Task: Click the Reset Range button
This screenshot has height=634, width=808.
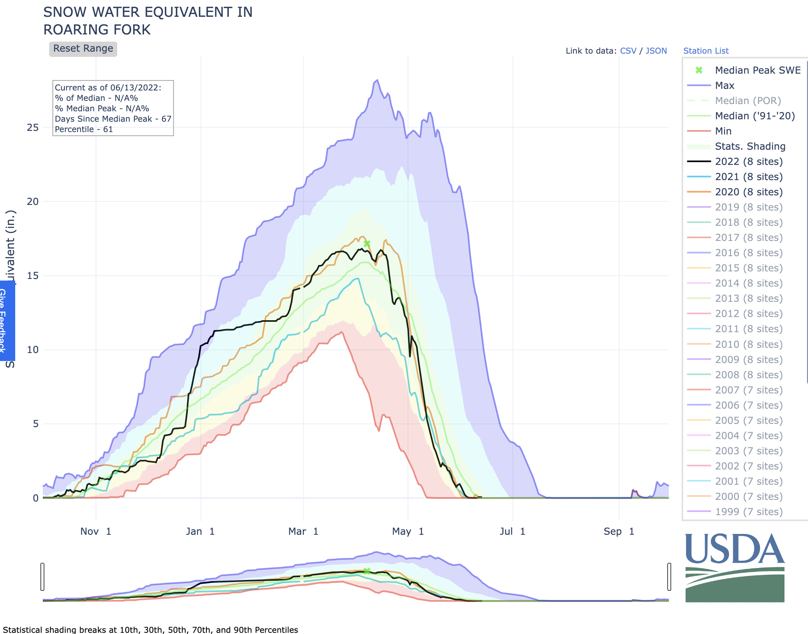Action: tap(83, 49)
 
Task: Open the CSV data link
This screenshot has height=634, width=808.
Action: tap(628, 51)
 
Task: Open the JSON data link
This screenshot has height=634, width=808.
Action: tap(656, 51)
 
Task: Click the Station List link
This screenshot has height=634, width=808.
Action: tap(706, 51)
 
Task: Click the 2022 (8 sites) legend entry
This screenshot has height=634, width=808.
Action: tap(748, 162)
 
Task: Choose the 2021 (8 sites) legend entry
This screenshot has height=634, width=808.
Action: tap(748, 177)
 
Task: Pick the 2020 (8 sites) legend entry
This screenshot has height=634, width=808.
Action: tap(748, 192)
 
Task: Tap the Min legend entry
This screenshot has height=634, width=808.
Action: tap(723, 131)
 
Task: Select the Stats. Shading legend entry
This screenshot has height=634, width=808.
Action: tap(750, 146)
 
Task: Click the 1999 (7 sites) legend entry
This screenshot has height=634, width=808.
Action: tap(748, 512)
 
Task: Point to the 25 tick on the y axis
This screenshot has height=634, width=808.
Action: tap(33, 128)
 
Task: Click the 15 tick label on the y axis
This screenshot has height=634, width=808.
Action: tap(33, 276)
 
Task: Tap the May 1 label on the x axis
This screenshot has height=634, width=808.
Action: tap(408, 532)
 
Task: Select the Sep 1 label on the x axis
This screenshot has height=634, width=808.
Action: tap(618, 532)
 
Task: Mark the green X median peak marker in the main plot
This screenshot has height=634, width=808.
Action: tap(367, 244)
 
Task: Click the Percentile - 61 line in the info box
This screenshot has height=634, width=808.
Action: tap(84, 129)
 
